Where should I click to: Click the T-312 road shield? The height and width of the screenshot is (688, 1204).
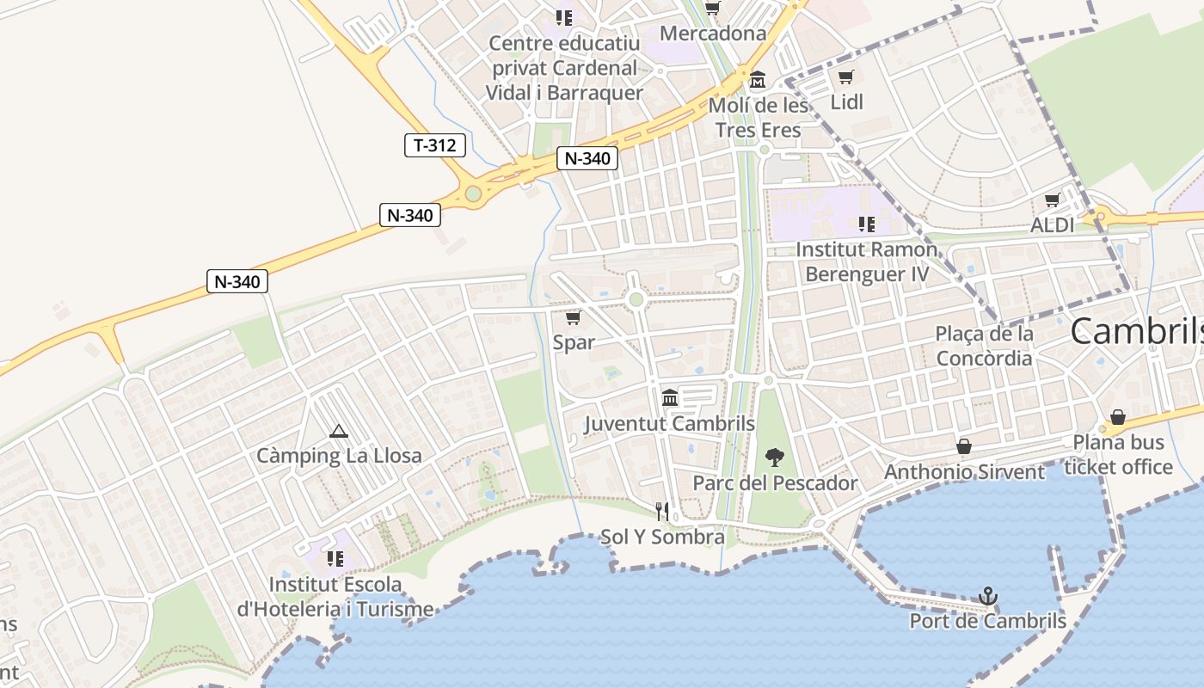pos(435,145)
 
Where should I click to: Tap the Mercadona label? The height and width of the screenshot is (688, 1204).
pos(713,34)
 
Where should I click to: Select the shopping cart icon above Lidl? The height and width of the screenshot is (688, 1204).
pos(846,77)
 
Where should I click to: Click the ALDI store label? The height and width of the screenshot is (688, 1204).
pos(1053,225)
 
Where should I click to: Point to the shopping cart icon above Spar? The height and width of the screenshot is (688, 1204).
pos(574,317)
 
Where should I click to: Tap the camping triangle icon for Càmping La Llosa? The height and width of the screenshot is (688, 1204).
pos(339,431)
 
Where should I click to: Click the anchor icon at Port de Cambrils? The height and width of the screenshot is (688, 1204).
pos(988,595)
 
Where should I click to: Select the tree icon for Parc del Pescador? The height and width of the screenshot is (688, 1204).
pos(775,457)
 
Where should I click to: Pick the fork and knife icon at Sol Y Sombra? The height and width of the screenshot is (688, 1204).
pos(662,512)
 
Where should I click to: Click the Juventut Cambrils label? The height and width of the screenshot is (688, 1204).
pos(670,424)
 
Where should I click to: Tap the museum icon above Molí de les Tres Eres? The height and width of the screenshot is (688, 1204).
pos(758,80)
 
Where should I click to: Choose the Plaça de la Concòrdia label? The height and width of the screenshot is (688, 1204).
pos(985,346)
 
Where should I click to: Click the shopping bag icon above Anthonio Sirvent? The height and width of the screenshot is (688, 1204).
pos(964,446)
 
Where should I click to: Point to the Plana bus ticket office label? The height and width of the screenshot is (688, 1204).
pos(1118,455)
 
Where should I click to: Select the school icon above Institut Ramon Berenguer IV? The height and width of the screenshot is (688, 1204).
pos(866,224)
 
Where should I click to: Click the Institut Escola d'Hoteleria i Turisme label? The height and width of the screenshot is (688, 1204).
pos(335,597)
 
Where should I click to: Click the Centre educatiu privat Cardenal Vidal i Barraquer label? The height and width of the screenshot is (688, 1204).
pos(564,68)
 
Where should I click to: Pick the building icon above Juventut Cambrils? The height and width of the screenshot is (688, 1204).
pos(670,397)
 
